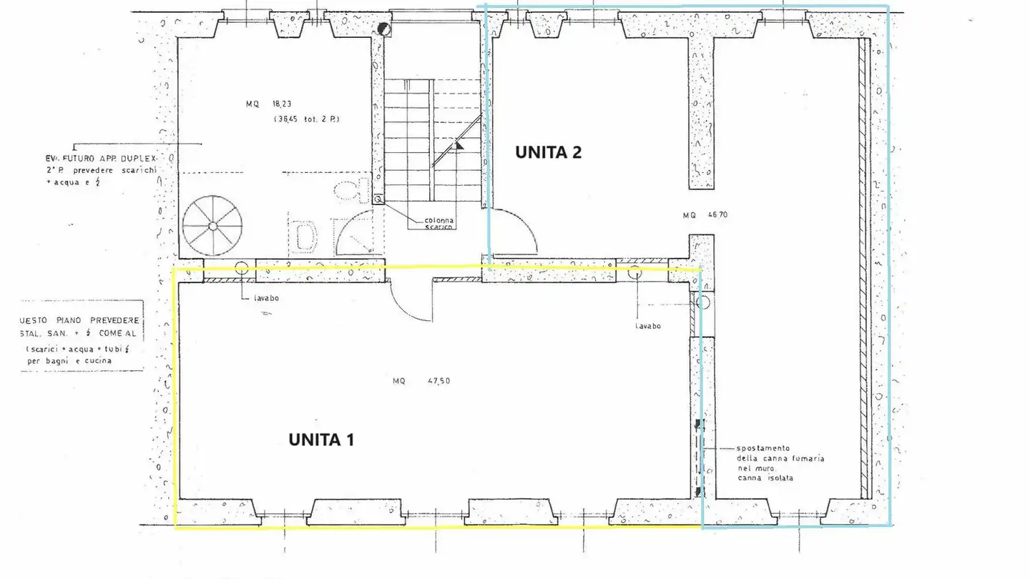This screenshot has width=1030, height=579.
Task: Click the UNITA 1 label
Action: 321,440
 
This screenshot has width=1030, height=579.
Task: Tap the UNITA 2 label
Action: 549,152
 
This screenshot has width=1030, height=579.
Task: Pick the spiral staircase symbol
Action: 212,226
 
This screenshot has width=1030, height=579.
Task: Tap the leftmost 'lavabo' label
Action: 265,298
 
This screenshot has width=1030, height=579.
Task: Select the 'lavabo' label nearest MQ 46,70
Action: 648,326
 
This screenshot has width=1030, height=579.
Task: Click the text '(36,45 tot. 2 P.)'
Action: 306,119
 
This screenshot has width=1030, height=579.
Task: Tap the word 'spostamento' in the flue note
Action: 762,447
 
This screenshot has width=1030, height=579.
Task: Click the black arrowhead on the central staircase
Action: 460,144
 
